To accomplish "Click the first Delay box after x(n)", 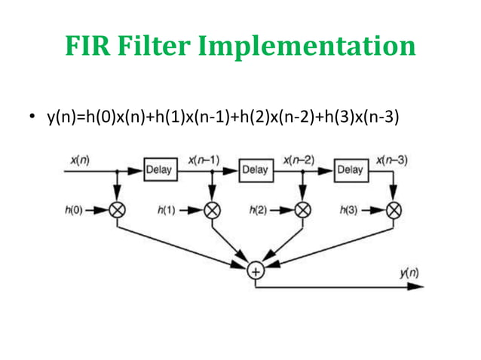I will click(159, 169).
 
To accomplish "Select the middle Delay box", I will click(255, 169).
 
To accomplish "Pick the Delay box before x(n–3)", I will click(349, 169).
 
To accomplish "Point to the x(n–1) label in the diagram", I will click(204, 160).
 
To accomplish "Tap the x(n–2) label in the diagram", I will click(299, 160).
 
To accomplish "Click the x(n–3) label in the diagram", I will click(393, 160).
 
